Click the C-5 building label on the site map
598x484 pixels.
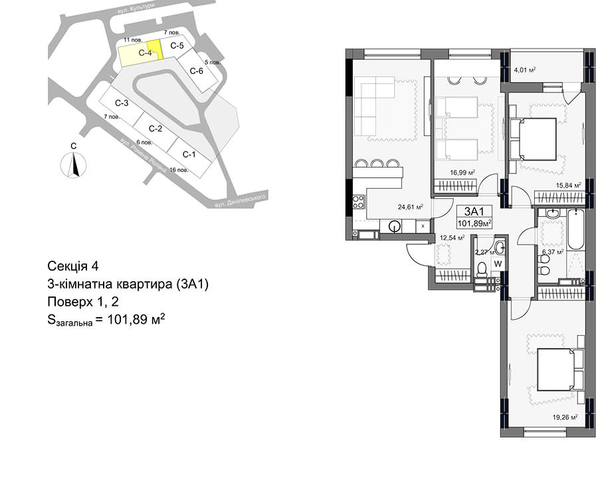pyautogui.click(x=177, y=46)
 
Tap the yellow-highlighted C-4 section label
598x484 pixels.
pyautogui.click(x=146, y=53)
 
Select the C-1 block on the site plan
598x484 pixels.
pyautogui.click(x=189, y=154)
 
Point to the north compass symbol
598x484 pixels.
pyautogui.click(x=74, y=164)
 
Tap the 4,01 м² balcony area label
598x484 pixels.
pyautogui.click(x=524, y=70)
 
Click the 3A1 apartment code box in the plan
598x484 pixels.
pyautogui.click(x=473, y=217)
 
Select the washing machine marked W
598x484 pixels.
pyautogui.click(x=498, y=263)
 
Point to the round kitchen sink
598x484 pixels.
pyautogui.click(x=394, y=227)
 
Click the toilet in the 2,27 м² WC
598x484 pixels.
pyautogui.click(x=482, y=269)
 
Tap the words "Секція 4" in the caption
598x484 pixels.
pyautogui.click(x=73, y=266)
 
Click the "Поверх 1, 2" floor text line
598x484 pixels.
pyautogui.click(x=83, y=302)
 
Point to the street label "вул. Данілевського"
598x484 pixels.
pyautogui.click(x=239, y=200)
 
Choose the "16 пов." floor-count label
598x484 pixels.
pyautogui.click(x=179, y=170)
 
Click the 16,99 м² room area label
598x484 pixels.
pyautogui.click(x=462, y=173)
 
